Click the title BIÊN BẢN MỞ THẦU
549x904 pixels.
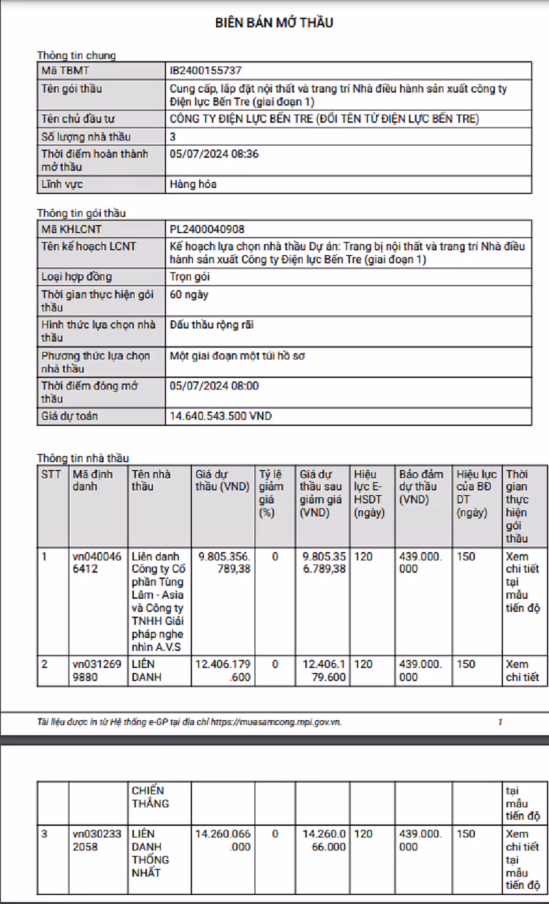coord(274,23)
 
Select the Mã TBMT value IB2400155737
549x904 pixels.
coord(205,70)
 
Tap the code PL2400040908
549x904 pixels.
coord(207,229)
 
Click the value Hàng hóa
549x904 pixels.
coord(193,184)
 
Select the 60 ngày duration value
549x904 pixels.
coord(189,294)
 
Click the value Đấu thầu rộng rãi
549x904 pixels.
coord(211,324)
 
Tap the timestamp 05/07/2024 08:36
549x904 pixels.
coord(213,154)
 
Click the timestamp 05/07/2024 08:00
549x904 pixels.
coord(213,385)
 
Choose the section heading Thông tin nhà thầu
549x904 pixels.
coord(82,458)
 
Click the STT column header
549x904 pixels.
coord(51,474)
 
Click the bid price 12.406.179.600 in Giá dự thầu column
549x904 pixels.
coord(223,670)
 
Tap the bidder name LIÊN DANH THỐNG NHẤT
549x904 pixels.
coord(150,853)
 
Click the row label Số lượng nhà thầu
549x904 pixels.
coord(86,136)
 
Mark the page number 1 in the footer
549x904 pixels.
coord(500,722)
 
